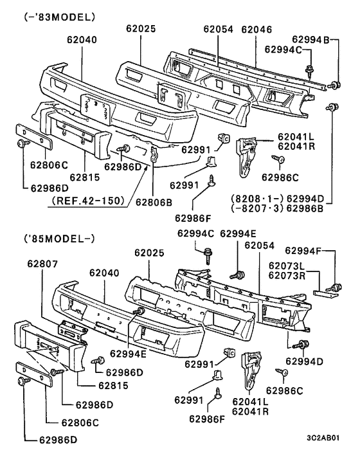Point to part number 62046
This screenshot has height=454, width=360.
pyautogui.click(x=256, y=29)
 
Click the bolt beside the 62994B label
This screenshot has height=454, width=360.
pyautogui.click(x=334, y=84)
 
